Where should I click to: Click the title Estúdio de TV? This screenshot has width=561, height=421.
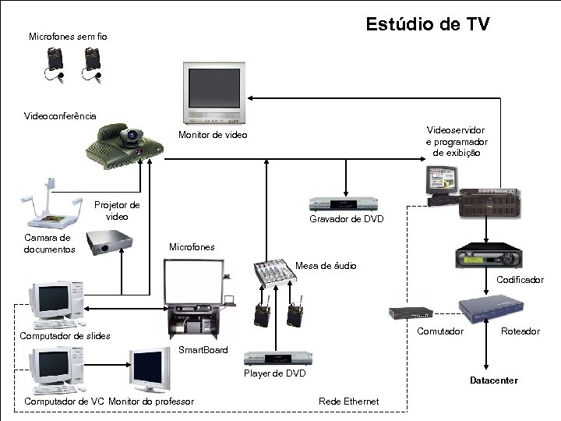428,25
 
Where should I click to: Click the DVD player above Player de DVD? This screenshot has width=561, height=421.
278,359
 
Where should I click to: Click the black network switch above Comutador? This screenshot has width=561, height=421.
411,313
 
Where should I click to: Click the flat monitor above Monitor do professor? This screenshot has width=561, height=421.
150,370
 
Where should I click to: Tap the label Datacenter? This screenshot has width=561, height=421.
493,380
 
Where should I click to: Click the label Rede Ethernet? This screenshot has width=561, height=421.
349,402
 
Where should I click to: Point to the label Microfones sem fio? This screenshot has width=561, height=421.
68,37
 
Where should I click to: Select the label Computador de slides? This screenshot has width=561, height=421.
65,336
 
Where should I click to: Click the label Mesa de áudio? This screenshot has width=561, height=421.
326,266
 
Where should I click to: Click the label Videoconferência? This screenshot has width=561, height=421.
61,115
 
